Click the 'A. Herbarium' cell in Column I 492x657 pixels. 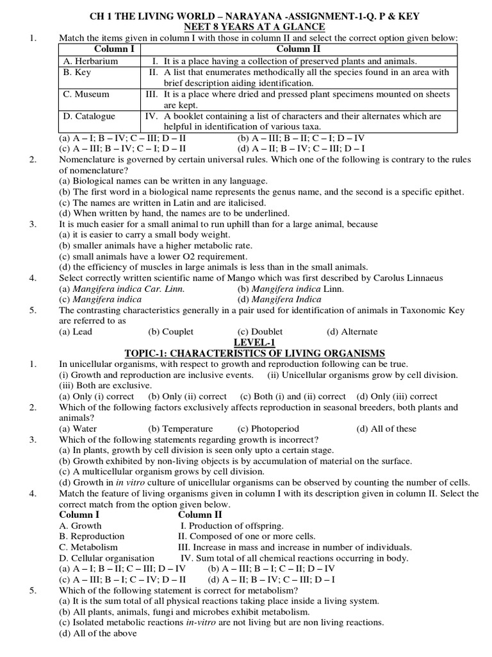click(91, 61)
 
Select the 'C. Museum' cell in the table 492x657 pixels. click(86, 94)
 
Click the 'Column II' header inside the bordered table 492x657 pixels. click(299, 49)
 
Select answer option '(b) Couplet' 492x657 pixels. click(170, 332)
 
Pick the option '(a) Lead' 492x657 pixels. click(76, 332)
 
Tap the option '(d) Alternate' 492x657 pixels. click(352, 332)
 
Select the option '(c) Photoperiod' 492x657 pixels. click(268, 429)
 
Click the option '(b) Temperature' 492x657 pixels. click(180, 429)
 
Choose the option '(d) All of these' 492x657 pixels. click(386, 429)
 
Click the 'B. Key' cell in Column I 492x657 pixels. click(78, 73)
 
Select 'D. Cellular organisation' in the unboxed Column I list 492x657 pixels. click(107, 558)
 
